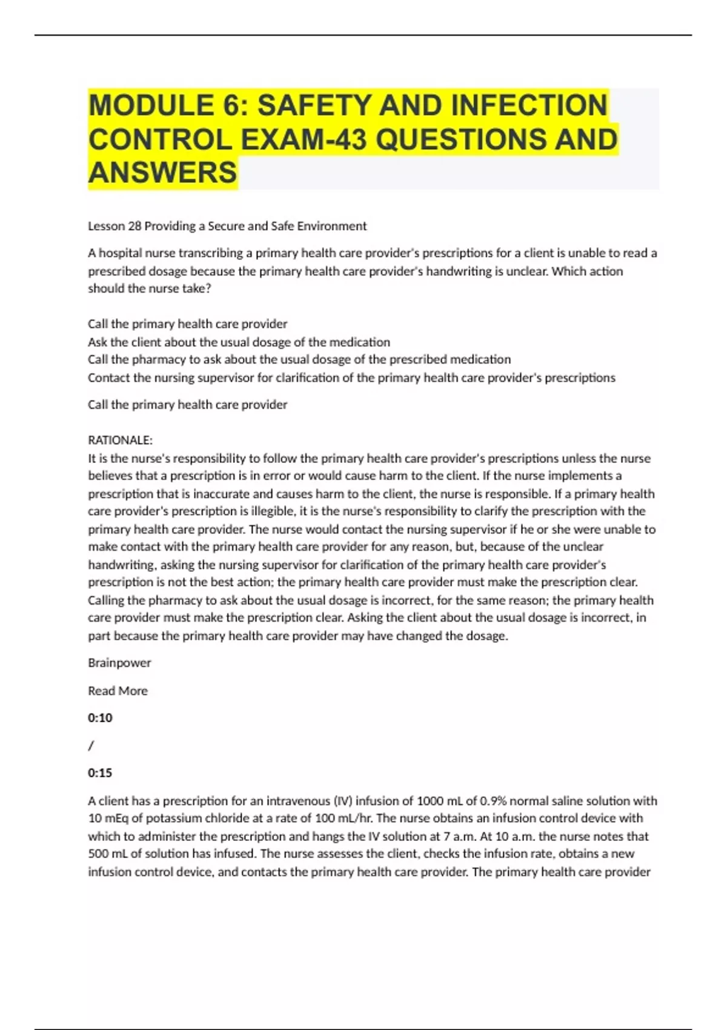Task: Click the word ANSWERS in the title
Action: click(x=162, y=173)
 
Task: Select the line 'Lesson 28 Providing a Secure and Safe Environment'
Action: click(x=227, y=226)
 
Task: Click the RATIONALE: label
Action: click(x=120, y=440)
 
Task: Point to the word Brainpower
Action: click(x=119, y=663)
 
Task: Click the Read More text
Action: click(x=118, y=691)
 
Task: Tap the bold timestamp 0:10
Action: click(x=100, y=718)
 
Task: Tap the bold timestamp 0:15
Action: click(x=100, y=773)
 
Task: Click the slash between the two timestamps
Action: click(x=91, y=746)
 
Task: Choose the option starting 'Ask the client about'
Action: click(x=239, y=342)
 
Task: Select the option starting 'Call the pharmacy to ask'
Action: click(x=299, y=359)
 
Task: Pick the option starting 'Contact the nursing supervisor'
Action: click(x=351, y=377)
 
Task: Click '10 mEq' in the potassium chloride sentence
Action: click(x=108, y=819)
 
